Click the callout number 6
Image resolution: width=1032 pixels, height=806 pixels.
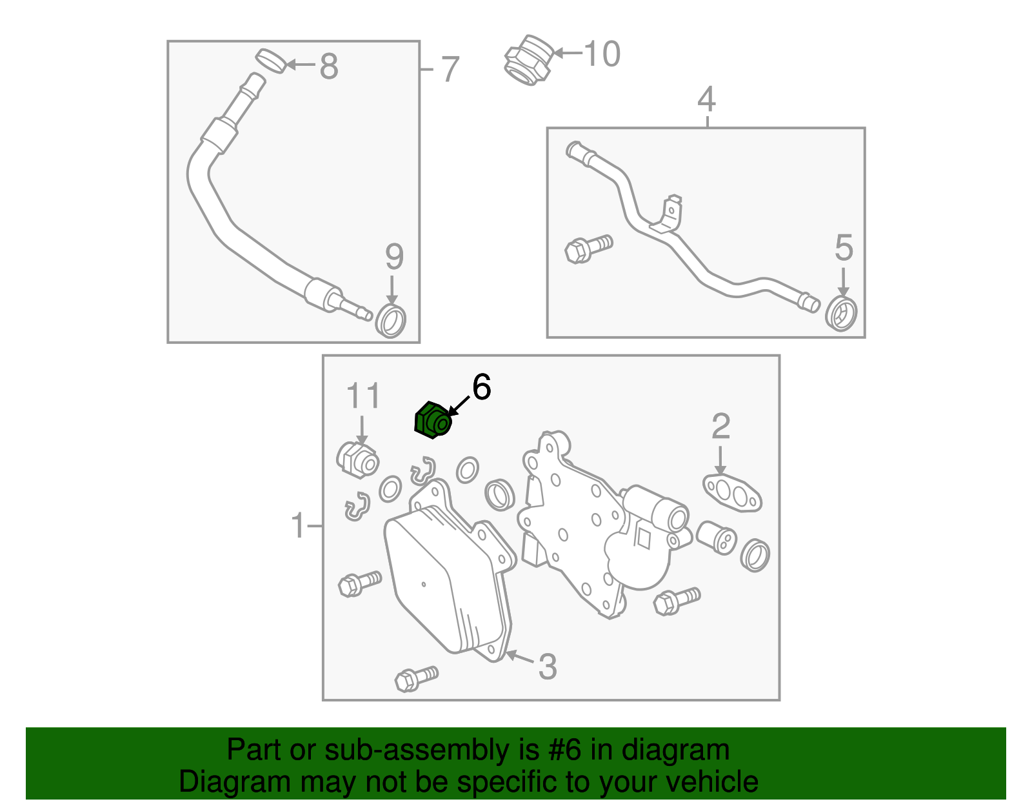[481, 387]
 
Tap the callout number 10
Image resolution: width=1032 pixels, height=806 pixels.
[602, 54]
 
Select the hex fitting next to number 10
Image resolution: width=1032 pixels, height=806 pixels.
[528, 59]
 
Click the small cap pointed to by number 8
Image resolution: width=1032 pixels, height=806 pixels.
[271, 60]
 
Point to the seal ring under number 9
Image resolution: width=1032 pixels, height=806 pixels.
[391, 321]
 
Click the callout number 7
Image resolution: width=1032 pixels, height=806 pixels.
[450, 69]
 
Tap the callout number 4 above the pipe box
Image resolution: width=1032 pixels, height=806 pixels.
[707, 99]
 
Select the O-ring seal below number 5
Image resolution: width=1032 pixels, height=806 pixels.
[842, 314]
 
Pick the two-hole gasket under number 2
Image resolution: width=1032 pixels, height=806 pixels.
[731, 492]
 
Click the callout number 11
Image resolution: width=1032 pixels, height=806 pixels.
[363, 396]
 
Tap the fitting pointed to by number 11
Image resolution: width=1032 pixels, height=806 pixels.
[357, 459]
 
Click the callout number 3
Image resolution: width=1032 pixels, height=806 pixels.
[547, 667]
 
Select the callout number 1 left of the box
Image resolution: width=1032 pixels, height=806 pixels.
[297, 526]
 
